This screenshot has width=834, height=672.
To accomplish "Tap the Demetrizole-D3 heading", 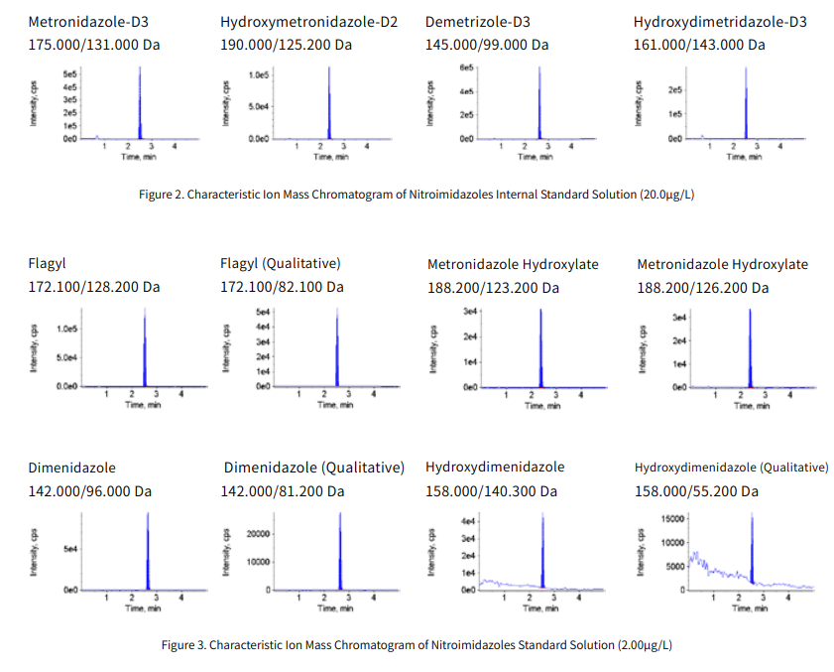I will point(477,21).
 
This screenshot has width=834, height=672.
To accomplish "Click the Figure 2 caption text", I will point(417,194).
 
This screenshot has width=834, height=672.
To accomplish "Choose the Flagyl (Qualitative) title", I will point(280,263).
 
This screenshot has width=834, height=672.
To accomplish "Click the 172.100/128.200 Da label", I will point(93,287).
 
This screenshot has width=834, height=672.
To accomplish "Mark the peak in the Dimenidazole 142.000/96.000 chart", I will point(147,546).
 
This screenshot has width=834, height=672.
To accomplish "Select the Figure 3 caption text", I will point(417,645).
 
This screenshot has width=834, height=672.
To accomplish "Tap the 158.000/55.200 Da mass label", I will point(699,490).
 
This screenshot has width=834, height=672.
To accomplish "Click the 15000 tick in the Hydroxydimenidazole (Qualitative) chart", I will point(671,518).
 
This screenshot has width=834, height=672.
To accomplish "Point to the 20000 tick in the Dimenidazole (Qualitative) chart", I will point(259,533).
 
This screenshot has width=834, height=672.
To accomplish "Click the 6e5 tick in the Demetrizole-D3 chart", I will point(467,67).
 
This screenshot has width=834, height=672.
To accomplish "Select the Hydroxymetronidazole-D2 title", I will point(308,21).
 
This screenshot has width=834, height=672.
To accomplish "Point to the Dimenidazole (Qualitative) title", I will point(313,467).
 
